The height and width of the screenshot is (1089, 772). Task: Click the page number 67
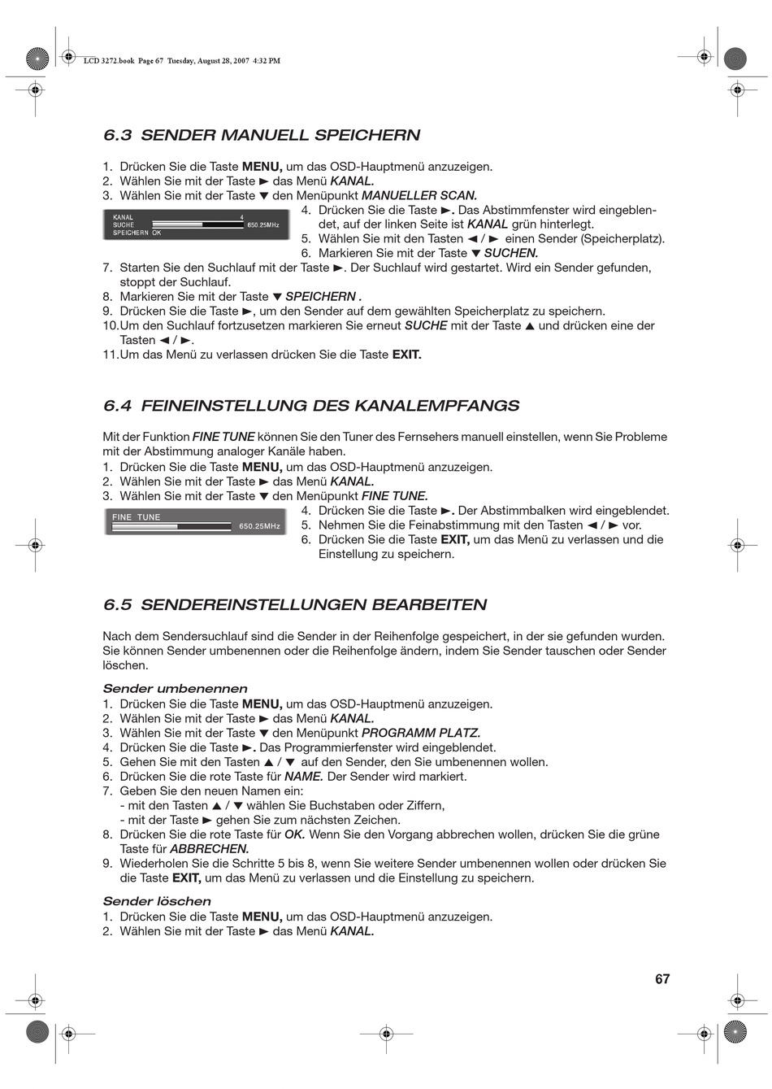click(662, 979)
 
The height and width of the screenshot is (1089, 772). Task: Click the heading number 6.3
click(118, 135)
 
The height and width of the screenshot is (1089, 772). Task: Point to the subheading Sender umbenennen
click(175, 689)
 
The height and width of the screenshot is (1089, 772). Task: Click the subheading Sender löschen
click(157, 901)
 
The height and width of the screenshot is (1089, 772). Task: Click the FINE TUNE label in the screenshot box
click(137, 517)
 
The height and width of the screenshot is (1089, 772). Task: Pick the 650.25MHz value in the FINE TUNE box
click(259, 527)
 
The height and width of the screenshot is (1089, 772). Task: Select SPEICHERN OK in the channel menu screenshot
click(137, 233)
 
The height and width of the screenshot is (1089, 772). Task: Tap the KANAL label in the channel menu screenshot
click(124, 217)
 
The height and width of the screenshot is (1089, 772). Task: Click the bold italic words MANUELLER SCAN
click(419, 196)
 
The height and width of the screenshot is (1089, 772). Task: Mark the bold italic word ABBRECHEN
click(209, 849)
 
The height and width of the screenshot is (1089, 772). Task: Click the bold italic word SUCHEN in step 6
click(511, 253)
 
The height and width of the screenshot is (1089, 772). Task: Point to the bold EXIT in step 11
click(406, 355)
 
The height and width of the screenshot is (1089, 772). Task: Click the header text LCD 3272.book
click(109, 61)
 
